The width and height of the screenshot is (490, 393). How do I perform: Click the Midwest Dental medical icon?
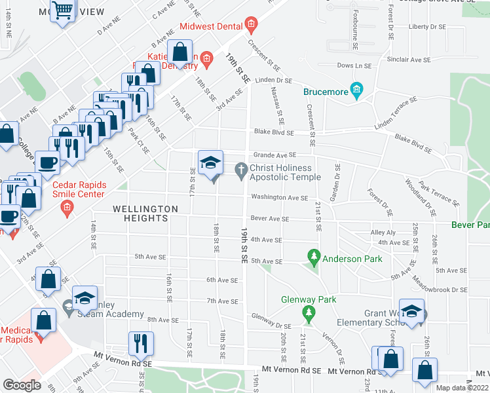point(251,26)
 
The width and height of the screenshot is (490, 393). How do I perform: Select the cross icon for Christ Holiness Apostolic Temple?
point(241,170)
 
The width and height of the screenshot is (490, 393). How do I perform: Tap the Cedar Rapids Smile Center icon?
point(66,209)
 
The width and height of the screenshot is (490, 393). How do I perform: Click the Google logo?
point(22,385)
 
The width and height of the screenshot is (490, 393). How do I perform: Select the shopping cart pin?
point(62,10)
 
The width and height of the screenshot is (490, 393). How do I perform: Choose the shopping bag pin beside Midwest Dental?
point(179,52)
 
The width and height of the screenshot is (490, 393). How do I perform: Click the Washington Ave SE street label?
point(279,197)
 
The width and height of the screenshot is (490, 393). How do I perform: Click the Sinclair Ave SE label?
point(408,59)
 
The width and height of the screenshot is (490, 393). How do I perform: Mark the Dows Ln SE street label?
point(354,65)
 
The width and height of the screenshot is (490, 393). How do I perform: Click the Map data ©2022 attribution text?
point(462,388)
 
